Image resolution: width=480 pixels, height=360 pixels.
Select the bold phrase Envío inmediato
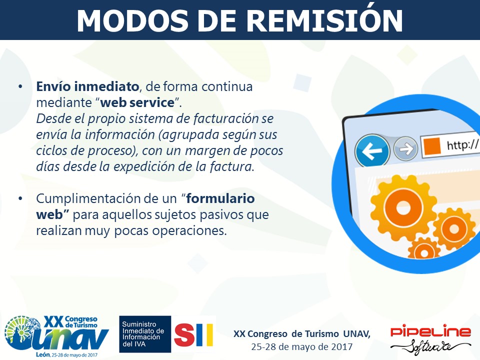87,86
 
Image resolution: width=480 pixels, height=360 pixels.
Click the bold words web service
137,102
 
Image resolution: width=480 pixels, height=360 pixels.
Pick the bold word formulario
220,198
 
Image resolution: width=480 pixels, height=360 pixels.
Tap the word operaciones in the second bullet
189,231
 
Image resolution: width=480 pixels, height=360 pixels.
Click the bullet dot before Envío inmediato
20,86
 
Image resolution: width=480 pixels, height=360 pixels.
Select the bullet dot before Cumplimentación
20,198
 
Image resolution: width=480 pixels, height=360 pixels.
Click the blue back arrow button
372,150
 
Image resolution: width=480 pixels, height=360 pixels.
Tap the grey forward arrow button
405,149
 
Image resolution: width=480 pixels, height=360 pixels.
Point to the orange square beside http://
432,145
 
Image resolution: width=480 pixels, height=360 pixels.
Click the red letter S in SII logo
184,334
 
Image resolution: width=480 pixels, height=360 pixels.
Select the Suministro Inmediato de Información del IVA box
145,334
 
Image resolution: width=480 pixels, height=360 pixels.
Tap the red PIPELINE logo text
430,331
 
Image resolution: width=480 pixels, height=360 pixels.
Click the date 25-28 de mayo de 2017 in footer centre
302,347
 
